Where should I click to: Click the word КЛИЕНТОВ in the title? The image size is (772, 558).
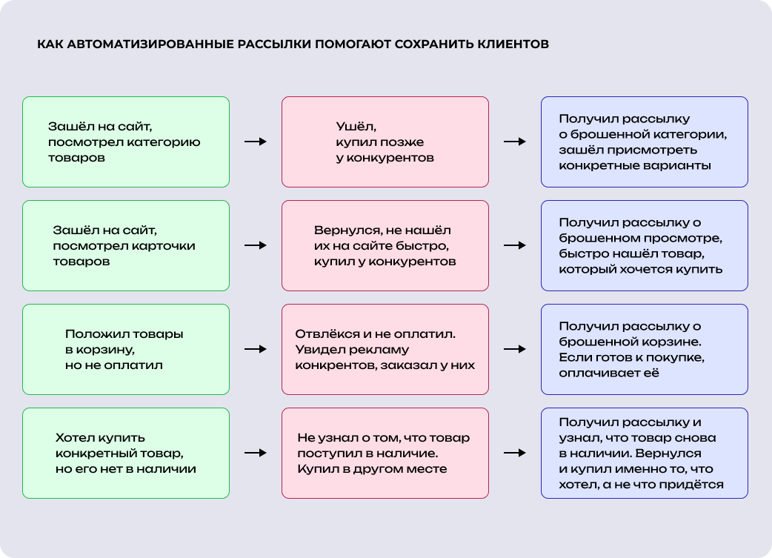point(511,44)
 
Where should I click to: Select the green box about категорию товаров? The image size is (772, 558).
point(126,142)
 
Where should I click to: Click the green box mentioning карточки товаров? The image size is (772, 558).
point(126,245)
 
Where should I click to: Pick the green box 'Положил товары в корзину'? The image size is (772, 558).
point(126,349)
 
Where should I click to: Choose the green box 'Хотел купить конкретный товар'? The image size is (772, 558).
point(126,453)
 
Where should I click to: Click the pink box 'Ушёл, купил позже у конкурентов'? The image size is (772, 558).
point(385,142)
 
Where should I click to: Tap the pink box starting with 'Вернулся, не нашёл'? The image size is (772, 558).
point(385,245)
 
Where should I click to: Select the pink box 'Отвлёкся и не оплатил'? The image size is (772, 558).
point(385,349)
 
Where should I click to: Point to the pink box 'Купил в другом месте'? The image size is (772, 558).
point(385,453)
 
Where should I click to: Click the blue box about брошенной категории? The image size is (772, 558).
point(645,142)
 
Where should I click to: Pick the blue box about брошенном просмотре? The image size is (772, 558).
point(645,245)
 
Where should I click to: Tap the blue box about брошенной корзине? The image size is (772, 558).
point(645,349)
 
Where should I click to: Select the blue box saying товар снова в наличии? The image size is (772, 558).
point(645,453)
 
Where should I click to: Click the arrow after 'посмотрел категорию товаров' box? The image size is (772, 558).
point(256,142)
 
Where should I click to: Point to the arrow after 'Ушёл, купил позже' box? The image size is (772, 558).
point(515,142)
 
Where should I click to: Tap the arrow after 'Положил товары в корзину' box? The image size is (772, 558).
point(256,349)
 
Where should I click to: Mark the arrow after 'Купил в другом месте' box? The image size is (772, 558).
point(515,453)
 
